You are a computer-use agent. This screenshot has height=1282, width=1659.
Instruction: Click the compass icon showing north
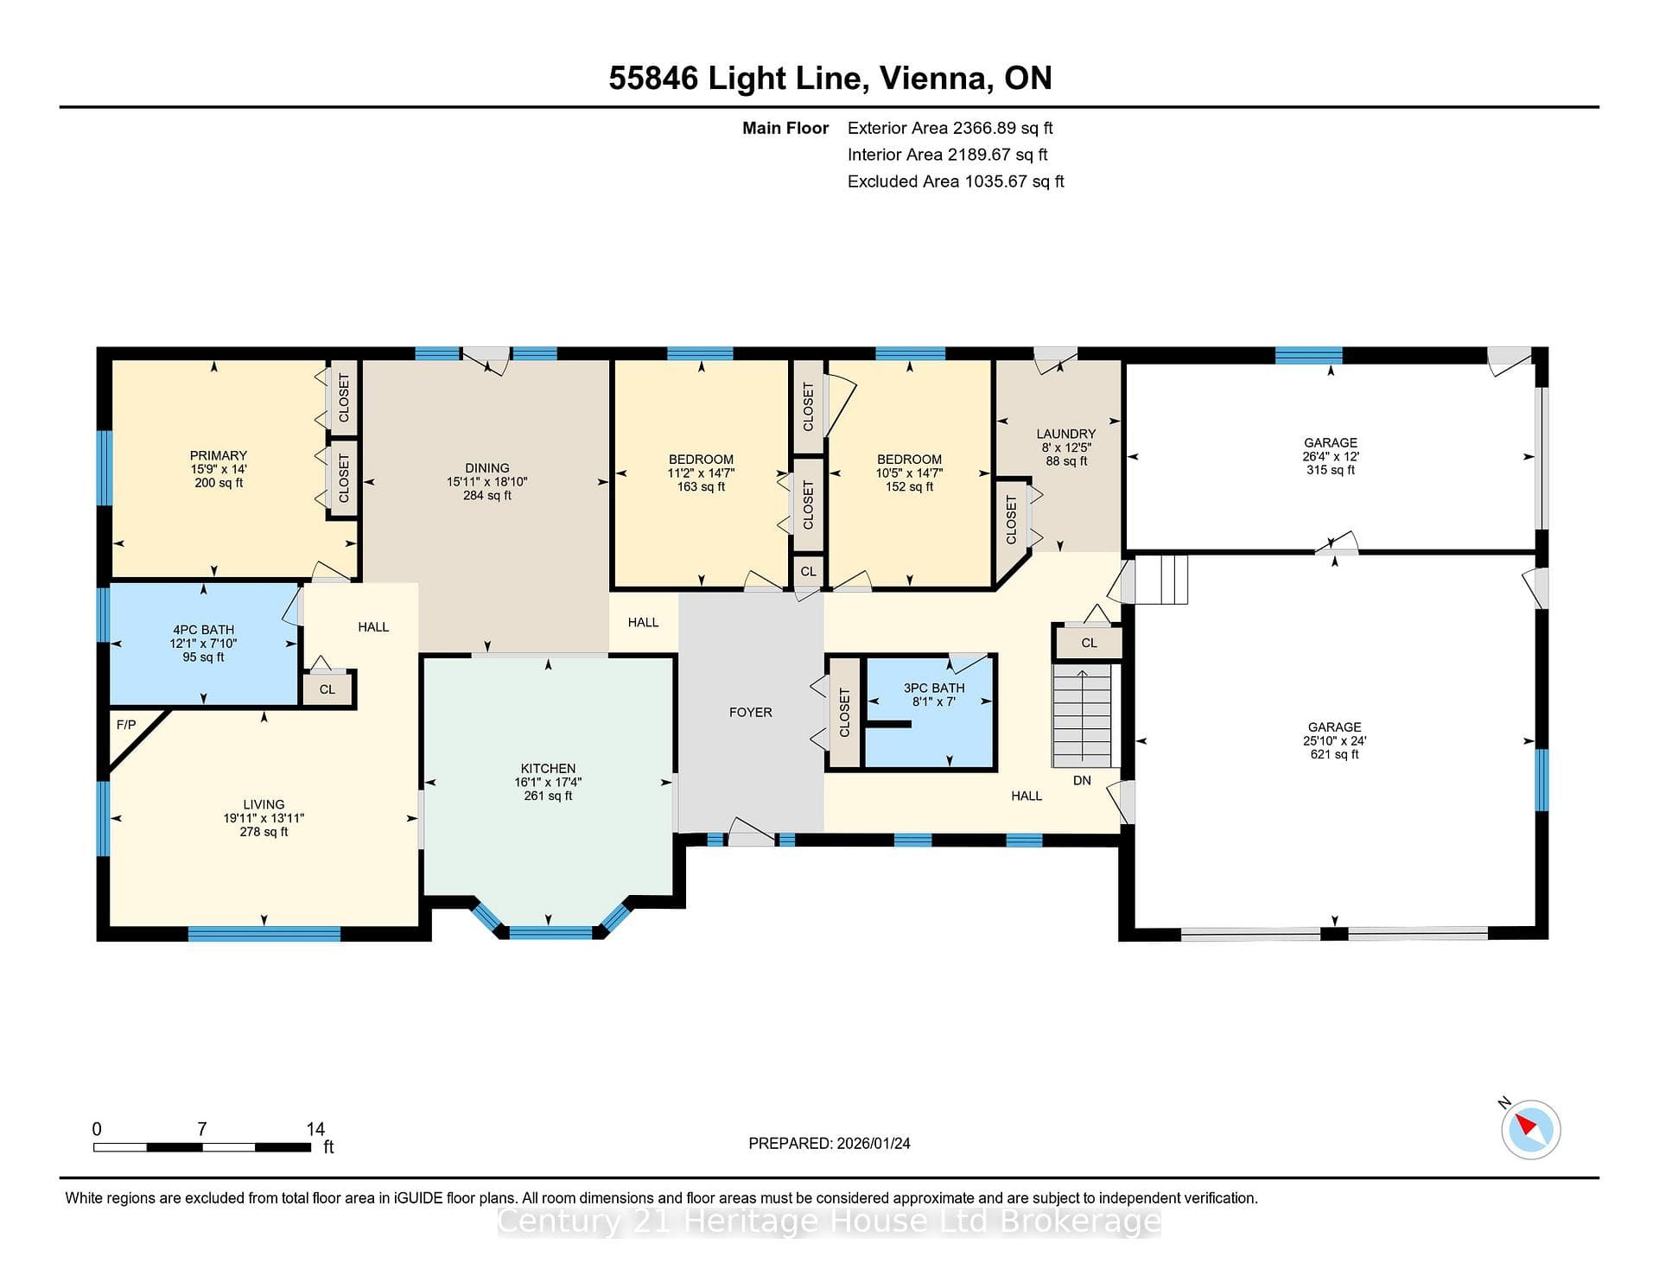[1530, 1129]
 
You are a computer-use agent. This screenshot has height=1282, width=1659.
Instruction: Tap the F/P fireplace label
[126, 725]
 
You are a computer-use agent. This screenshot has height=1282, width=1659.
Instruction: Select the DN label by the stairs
[1082, 780]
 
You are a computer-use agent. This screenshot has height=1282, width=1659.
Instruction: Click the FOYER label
[750, 713]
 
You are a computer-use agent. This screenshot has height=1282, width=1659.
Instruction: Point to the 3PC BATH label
[934, 688]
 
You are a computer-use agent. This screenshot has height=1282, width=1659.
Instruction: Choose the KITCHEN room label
[548, 768]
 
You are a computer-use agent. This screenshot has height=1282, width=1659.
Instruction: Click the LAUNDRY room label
[1066, 434]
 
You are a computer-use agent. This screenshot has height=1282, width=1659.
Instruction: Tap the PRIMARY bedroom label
[219, 455]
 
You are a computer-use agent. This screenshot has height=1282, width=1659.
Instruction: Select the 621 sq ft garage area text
[1334, 754]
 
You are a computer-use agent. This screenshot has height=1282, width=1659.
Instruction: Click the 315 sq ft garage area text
[1331, 470]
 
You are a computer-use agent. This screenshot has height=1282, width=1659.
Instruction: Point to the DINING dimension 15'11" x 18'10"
[486, 482]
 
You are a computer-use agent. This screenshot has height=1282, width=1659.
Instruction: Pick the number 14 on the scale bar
[315, 1129]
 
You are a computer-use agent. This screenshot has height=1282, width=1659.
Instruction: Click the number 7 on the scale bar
[202, 1129]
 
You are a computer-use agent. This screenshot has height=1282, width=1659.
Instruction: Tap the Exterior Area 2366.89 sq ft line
[950, 128]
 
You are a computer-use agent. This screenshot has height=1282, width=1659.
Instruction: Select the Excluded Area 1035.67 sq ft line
[956, 181]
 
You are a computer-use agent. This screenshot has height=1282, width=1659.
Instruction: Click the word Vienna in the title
[936, 79]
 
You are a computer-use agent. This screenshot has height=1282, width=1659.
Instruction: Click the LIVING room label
[264, 804]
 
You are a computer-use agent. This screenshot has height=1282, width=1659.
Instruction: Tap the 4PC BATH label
[203, 630]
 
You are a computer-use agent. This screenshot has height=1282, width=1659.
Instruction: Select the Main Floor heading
[785, 128]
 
